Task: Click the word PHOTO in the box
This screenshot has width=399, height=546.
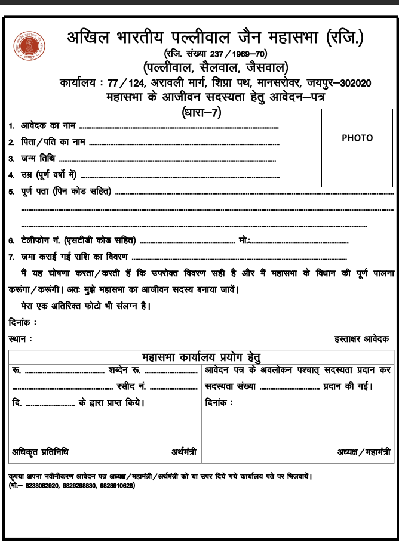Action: [357, 138]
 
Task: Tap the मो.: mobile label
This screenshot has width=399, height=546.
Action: [244, 240]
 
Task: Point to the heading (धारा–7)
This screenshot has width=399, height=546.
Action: [201, 111]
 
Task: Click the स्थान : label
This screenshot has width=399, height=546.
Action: [20, 338]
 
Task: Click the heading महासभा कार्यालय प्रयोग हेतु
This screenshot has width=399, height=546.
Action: [201, 357]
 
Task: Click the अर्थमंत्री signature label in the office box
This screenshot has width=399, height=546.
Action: [184, 451]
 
